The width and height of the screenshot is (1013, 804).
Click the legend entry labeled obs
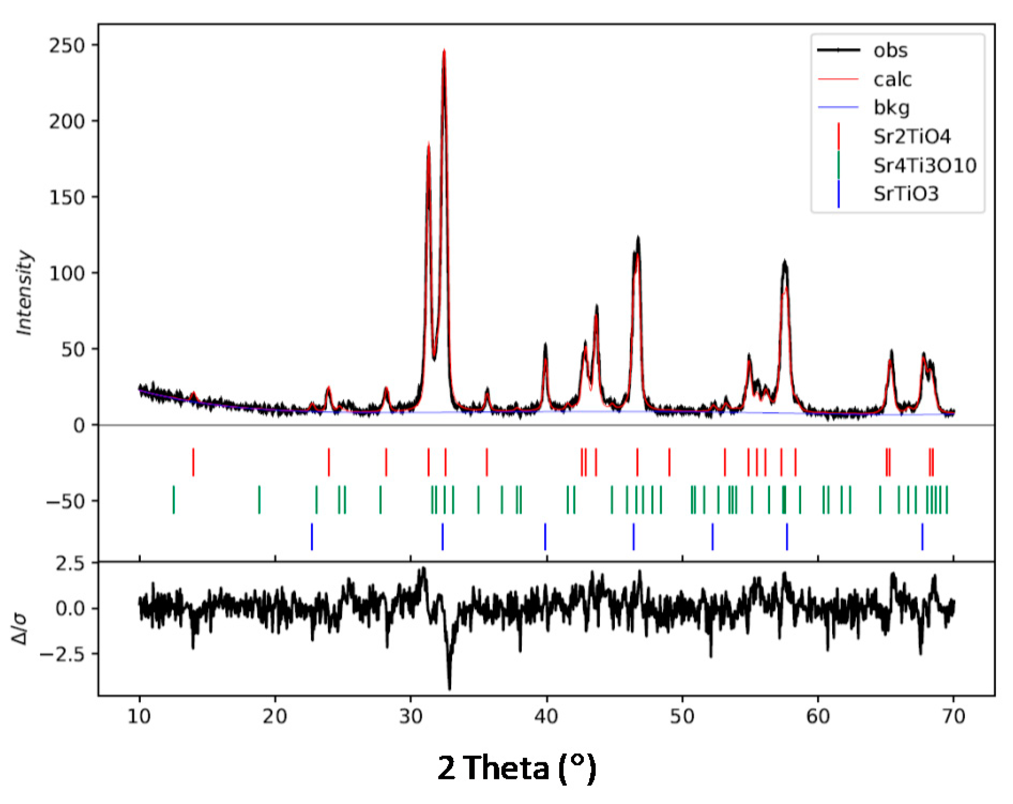[x=890, y=50]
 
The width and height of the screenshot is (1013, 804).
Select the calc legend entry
[x=892, y=79]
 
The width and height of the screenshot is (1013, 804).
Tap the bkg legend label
[x=892, y=108]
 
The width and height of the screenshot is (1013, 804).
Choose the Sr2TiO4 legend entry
[x=912, y=136]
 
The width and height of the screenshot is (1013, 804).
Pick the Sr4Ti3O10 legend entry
[x=925, y=165]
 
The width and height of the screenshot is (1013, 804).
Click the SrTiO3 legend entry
[x=906, y=194]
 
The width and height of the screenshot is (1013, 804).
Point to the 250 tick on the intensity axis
[x=67, y=45]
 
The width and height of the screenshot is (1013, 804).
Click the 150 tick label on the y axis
[x=67, y=197]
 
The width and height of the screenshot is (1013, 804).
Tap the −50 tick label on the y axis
[x=65, y=501]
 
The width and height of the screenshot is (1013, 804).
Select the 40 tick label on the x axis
[x=546, y=716]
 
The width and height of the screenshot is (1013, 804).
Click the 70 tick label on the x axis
[x=954, y=716]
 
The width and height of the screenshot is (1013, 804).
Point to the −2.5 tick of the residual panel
[x=63, y=654]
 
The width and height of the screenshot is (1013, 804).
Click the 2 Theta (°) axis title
[x=516, y=768]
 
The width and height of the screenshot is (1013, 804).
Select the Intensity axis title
[x=25, y=293]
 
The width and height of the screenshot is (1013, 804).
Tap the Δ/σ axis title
[x=20, y=629]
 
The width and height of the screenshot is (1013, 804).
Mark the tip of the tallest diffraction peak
[x=444, y=50]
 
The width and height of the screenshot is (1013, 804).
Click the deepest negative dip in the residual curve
[x=450, y=688]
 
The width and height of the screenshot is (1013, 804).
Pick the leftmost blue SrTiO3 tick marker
[x=312, y=537]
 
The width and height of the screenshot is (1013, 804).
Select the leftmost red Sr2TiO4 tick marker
[x=193, y=462]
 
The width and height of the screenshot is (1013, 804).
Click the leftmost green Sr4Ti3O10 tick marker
[x=173, y=500]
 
